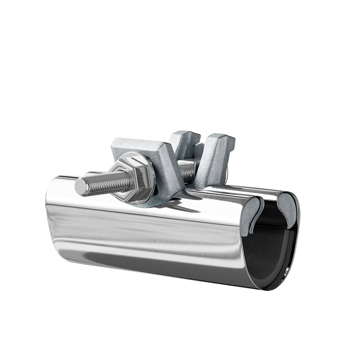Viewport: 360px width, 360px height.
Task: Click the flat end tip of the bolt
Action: (x=79, y=187)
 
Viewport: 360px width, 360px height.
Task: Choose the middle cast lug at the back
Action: (x=185, y=142)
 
